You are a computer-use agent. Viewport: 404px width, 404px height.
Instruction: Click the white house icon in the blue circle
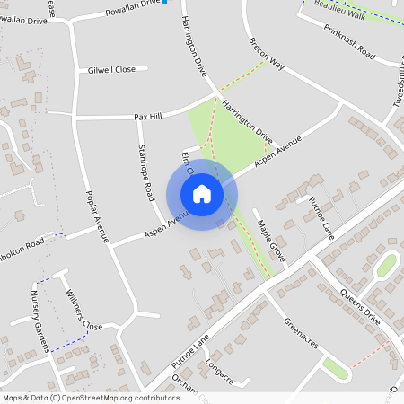pos(202,194)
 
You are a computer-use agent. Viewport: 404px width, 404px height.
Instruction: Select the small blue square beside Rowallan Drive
pos(164,2)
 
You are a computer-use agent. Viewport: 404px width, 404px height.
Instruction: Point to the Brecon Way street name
pos(267,54)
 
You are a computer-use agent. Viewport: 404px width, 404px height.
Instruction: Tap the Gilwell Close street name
pos(111,69)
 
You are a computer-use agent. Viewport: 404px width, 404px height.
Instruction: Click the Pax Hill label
pos(147,117)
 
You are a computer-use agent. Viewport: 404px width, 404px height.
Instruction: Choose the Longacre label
pos(218,373)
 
